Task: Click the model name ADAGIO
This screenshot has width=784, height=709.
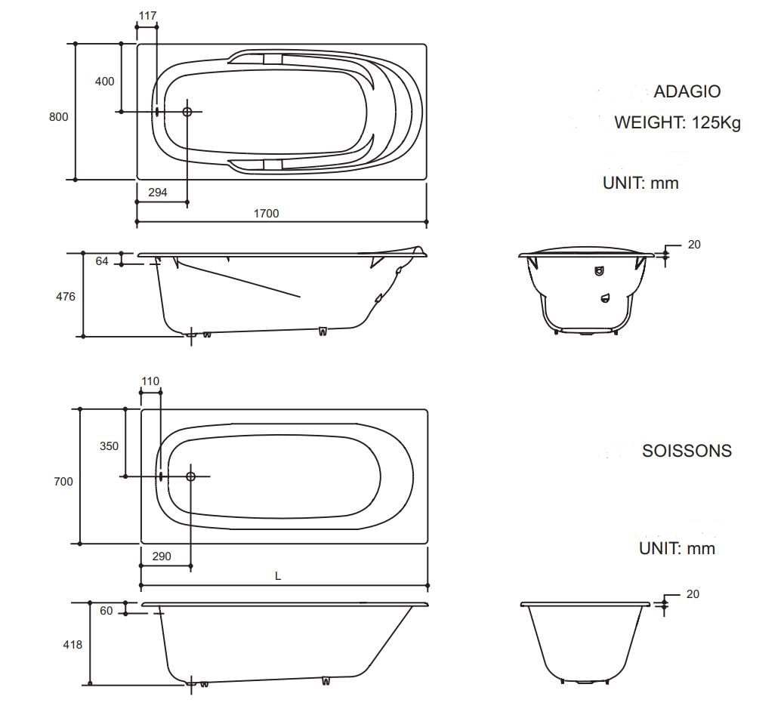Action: pos(687,91)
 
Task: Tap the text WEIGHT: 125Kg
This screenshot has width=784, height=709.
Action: pos(677,122)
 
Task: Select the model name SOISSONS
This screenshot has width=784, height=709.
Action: pos(687,451)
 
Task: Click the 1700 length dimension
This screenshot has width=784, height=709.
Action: pos(265,214)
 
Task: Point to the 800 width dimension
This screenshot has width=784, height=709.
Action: pos(59,116)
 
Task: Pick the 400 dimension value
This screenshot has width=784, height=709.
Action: pos(104,82)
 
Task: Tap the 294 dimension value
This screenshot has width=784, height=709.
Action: pos(157,193)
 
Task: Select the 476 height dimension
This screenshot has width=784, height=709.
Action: pos(66,297)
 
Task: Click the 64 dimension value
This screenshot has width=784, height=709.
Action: pos(103,261)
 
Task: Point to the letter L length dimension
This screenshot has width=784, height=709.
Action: pos(278,576)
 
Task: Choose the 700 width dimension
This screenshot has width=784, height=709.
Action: pos(63,481)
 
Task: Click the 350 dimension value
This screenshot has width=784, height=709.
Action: pos(109,446)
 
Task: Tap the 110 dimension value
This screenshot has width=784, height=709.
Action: pos(150,381)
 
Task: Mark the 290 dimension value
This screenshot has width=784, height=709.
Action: pos(161,556)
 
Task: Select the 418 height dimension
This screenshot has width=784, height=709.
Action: pos(73,645)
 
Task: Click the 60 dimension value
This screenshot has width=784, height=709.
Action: pos(106,610)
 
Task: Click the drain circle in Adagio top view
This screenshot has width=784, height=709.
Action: pos(187,112)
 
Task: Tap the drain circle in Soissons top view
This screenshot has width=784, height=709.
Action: pos(190,476)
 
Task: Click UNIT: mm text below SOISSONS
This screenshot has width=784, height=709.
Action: pos(676,548)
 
